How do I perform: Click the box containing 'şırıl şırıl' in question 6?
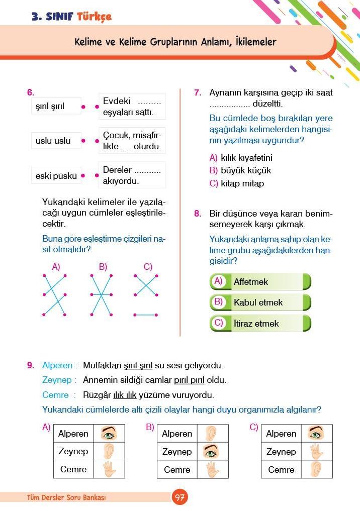coord(56,106)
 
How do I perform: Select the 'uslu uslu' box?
coord(56,141)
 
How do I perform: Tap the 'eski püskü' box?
coord(56,176)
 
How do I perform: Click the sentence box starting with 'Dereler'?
coord(132,175)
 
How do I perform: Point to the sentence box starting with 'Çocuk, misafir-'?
coord(132,141)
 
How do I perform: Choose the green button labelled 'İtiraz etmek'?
coord(260,324)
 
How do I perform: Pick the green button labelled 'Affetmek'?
coord(260,282)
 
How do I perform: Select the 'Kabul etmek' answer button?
coord(260,302)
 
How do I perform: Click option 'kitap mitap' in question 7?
coord(242,183)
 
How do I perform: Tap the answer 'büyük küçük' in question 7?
coord(245,170)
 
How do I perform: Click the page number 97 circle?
coord(179,497)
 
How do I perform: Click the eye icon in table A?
coord(109,433)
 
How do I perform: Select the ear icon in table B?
coord(213,434)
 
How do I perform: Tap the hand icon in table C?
coord(316,452)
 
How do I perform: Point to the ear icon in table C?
coord(316,470)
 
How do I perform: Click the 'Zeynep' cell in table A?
coord(73,451)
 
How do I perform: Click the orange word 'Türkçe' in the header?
coord(94,17)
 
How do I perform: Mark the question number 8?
coord(198,214)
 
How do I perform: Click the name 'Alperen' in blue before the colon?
coord(57,366)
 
